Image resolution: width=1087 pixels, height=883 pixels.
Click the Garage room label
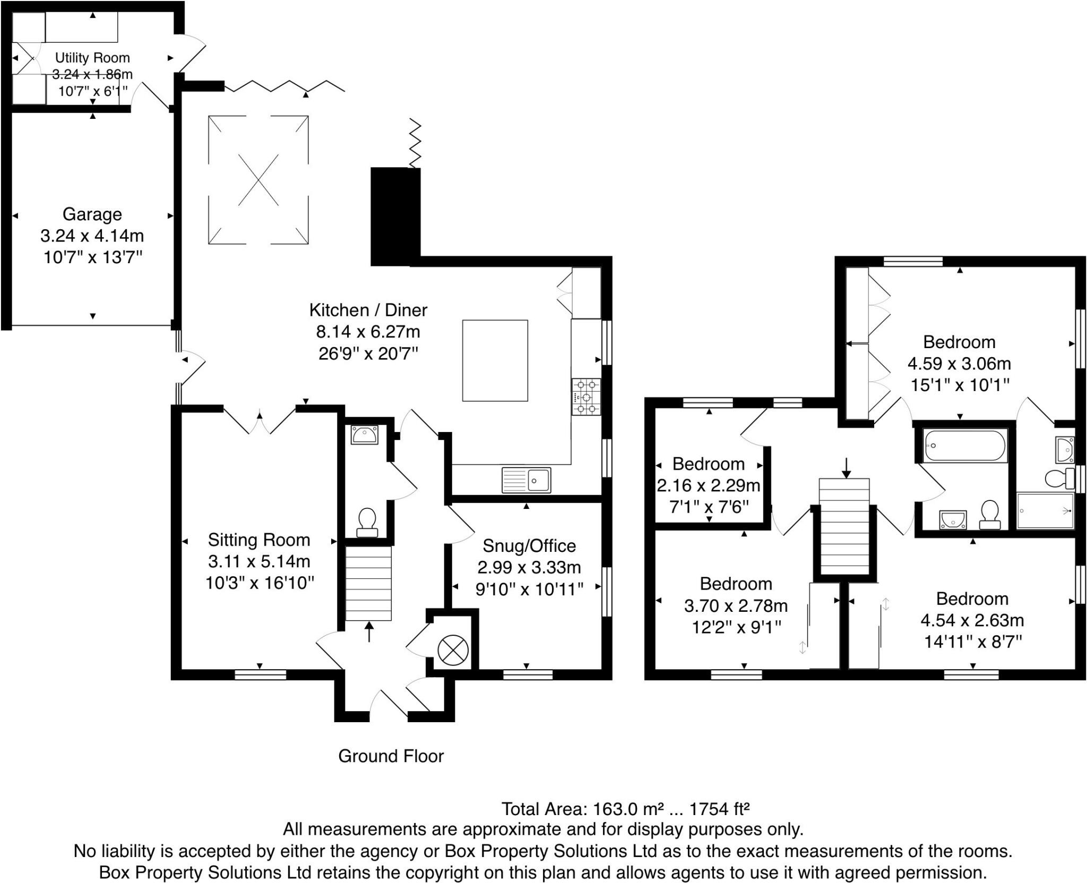(92, 214)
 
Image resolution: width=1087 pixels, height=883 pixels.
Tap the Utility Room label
(92, 58)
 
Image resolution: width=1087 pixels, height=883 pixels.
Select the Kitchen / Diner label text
(368, 310)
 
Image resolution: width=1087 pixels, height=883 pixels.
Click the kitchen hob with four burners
(586, 396)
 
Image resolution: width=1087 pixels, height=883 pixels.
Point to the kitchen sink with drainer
(526, 480)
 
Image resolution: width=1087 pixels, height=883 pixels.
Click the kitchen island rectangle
(495, 360)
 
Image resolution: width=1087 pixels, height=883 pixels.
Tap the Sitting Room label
(259, 540)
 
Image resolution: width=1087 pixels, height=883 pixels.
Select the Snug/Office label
(529, 546)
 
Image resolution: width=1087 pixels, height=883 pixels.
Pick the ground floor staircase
(368, 583)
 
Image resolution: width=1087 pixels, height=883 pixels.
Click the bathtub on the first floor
(965, 446)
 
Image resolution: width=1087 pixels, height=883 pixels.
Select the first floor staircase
(844, 526)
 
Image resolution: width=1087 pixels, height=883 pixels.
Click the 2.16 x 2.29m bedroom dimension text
(709, 486)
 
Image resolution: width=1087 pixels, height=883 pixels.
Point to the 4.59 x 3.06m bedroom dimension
(959, 363)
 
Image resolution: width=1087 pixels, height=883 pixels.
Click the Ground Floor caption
(391, 756)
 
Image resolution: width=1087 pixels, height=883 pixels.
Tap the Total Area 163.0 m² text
(625, 809)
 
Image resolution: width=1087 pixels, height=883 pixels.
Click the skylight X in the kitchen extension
(258, 180)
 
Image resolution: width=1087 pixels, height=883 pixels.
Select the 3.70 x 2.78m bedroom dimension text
(736, 605)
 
